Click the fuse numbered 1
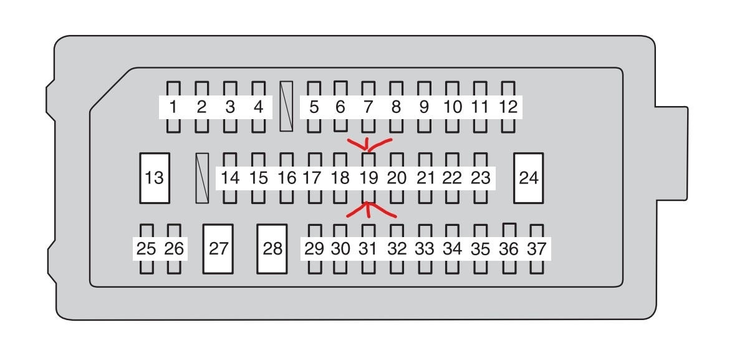(173, 107)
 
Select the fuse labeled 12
(509, 107)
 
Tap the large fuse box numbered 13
(154, 178)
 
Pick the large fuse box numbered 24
(528, 178)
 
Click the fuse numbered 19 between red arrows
(369, 178)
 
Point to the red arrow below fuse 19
(369, 210)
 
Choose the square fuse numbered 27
(218, 249)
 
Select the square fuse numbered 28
(272, 249)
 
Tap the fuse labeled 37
(536, 249)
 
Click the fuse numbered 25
(147, 249)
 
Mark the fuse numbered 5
(314, 107)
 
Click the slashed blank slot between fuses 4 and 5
(287, 106)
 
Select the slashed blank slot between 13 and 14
(202, 178)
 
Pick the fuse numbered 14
(230, 178)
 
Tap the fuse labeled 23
(480, 178)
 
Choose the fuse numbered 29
(314, 249)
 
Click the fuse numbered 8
(396, 107)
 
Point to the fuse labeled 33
(425, 249)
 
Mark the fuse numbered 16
(287, 178)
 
